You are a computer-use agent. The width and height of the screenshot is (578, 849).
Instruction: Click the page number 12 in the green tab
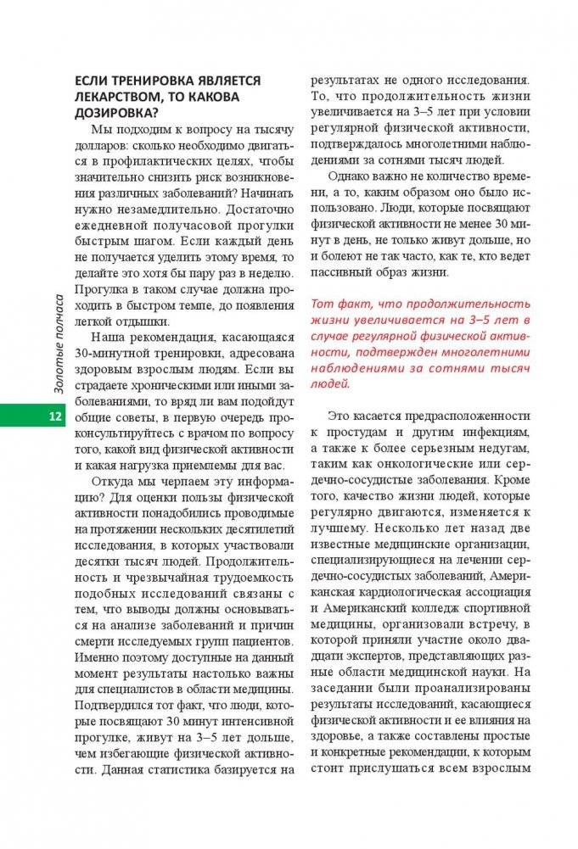(53, 416)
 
